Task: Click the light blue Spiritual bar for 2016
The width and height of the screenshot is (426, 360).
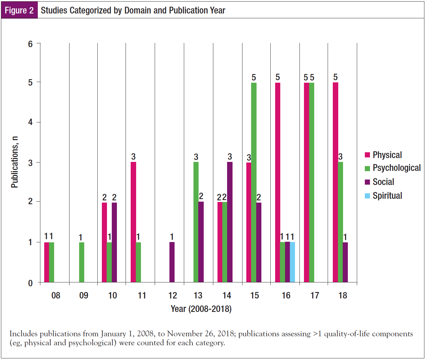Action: click(292, 262)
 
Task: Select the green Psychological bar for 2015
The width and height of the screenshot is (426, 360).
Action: click(254, 182)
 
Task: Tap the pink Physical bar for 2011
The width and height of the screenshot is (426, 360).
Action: click(133, 222)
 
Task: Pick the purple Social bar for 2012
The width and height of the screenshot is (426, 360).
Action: click(172, 262)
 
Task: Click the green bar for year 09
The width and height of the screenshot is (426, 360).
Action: click(82, 262)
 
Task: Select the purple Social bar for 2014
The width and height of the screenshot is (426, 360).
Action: click(230, 222)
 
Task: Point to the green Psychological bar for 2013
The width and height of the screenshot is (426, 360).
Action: click(196, 222)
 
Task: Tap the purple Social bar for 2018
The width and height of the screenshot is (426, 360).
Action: click(345, 262)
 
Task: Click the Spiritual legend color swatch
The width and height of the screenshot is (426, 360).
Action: click(367, 196)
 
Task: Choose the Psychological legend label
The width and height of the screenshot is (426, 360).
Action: click(397, 168)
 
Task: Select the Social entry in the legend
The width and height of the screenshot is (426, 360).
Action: click(383, 182)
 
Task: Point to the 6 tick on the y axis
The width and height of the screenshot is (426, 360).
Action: click(30, 44)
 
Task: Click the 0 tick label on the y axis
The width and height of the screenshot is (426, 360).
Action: click(30, 283)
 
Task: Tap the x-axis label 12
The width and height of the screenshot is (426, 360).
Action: click(173, 295)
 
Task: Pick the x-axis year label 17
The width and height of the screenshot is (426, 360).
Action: click(315, 295)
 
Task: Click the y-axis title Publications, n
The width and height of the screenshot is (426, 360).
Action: click(14, 162)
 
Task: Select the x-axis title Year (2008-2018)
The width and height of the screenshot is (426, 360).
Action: click(201, 309)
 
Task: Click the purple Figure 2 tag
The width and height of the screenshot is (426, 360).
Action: click(19, 10)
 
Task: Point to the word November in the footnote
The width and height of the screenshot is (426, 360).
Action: click(184, 334)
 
